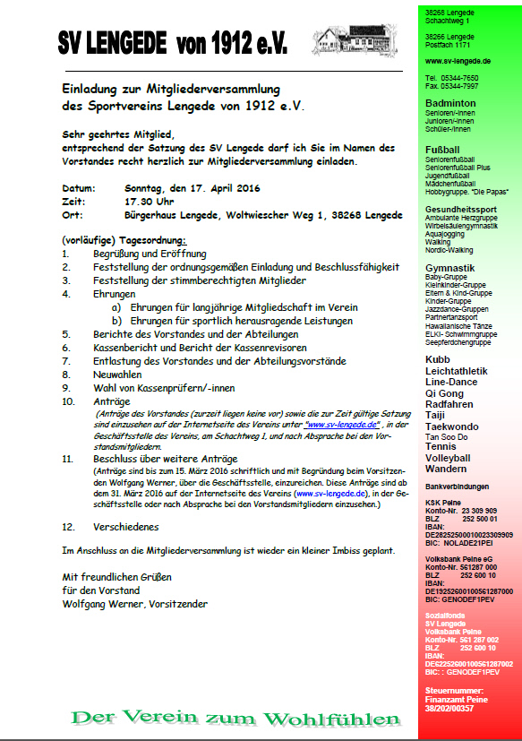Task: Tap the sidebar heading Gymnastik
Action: point(450,268)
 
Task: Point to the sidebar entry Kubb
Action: point(438,358)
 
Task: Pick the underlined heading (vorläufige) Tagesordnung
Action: point(124,240)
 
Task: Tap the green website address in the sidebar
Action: point(458,60)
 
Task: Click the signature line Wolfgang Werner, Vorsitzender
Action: point(134,604)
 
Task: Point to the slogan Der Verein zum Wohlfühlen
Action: point(235,718)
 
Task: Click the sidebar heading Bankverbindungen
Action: point(458,487)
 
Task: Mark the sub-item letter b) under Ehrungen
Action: point(117,320)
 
